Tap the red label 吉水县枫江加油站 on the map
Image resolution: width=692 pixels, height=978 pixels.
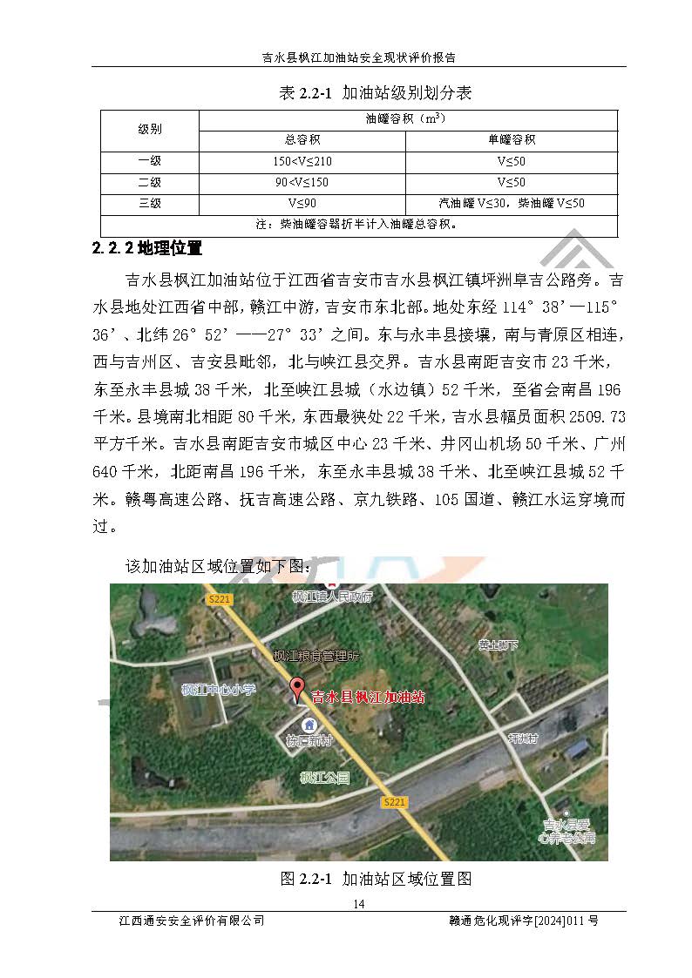(369, 697)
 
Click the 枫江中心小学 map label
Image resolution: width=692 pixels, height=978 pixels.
(219, 689)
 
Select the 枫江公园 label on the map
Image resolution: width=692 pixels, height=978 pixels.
(324, 777)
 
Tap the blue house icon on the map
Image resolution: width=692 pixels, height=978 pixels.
(309, 725)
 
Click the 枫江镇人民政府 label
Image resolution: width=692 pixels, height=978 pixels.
(332, 597)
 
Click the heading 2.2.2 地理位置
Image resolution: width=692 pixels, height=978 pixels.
(147, 249)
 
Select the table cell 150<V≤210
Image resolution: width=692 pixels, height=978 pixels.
(302, 161)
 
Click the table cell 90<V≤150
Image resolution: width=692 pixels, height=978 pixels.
(302, 183)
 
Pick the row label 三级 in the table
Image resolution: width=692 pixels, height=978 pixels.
(150, 204)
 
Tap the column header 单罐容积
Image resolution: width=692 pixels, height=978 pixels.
(511, 139)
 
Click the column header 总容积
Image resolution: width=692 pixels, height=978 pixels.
(302, 139)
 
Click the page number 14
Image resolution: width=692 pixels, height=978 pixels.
(359, 903)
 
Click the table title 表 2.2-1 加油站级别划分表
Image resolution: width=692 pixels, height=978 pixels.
(375, 93)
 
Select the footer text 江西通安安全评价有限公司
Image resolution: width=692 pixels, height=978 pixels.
(192, 921)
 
